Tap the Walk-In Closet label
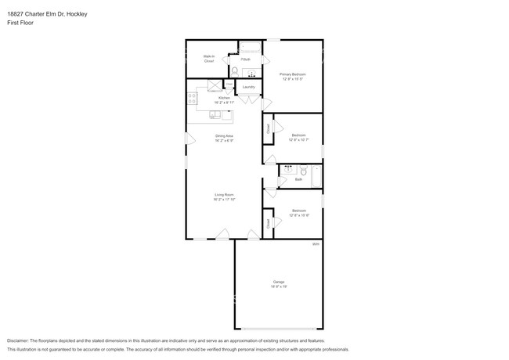click(x=209, y=59)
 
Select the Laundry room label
click(x=249, y=87)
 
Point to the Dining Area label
click(x=225, y=136)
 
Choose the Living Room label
click(x=225, y=195)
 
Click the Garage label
click(x=279, y=282)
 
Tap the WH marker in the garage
click(x=316, y=245)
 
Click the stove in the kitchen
click(x=193, y=99)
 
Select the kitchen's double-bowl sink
click(x=215, y=114)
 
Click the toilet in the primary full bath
click(x=234, y=70)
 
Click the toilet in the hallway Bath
click(x=302, y=170)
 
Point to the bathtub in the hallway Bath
click(x=316, y=177)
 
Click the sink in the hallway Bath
click(x=288, y=168)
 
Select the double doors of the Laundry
click(x=249, y=99)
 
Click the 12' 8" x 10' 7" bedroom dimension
click(x=299, y=139)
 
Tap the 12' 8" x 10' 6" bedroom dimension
click(x=299, y=214)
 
